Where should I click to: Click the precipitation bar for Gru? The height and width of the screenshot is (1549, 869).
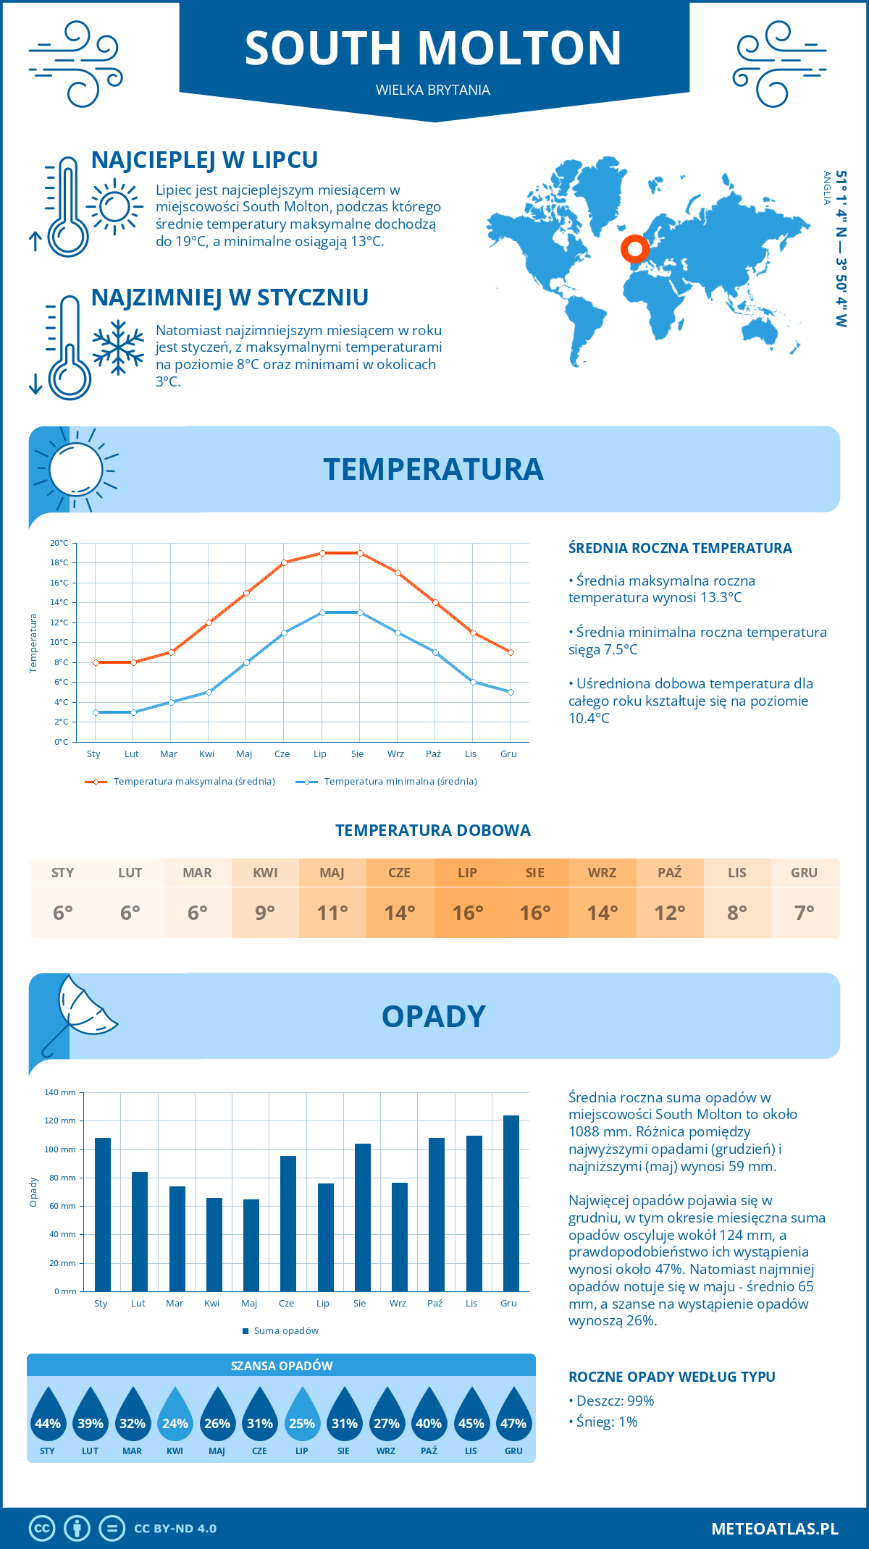(x=511, y=1203)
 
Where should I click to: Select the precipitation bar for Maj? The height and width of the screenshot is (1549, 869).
(x=251, y=1245)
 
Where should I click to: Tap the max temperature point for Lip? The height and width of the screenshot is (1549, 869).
(x=322, y=553)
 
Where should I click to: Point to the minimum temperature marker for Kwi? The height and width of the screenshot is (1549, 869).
(x=209, y=692)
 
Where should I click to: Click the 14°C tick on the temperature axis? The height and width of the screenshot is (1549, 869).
(x=59, y=602)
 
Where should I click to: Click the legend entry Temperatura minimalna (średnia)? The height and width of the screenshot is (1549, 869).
(x=400, y=782)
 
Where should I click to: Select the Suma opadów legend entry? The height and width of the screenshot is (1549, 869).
(x=285, y=1331)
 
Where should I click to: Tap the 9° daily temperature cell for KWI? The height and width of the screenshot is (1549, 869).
(x=265, y=913)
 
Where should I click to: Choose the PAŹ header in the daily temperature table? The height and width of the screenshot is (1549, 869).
(x=669, y=873)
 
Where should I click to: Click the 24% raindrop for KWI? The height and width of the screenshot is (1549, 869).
(x=175, y=1416)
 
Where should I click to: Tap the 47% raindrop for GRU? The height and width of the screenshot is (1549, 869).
(x=513, y=1416)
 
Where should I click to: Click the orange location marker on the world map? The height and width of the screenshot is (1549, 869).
(x=635, y=249)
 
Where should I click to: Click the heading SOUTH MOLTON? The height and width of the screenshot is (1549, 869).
(x=433, y=48)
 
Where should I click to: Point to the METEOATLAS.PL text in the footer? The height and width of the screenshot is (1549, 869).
(x=774, y=1529)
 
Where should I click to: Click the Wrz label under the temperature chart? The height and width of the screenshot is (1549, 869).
(x=395, y=754)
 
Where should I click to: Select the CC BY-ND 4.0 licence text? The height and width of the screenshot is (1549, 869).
(x=175, y=1529)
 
